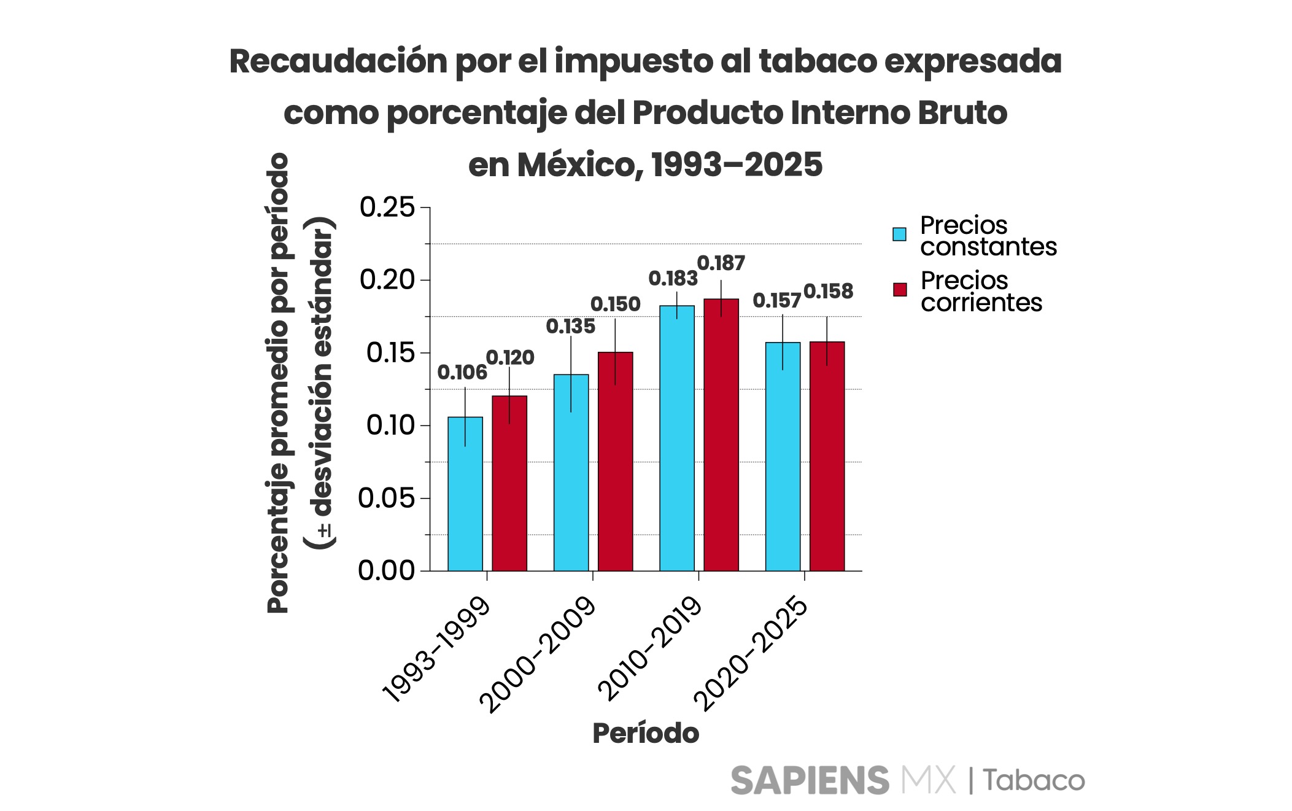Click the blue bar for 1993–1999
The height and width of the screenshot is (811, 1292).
(465, 494)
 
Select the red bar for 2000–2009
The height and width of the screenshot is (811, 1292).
(615, 461)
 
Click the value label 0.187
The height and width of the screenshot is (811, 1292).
(721, 263)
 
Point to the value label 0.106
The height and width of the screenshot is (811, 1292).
(462, 372)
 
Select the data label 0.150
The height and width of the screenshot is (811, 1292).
(615, 304)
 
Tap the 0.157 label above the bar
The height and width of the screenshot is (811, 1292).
(776, 301)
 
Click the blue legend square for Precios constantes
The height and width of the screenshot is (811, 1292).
(899, 235)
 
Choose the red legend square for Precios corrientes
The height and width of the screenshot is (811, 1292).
(900, 290)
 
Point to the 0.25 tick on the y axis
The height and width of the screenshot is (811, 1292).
(387, 208)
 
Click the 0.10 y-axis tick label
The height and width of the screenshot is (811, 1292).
(390, 425)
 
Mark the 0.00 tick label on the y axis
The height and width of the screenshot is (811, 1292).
(387, 571)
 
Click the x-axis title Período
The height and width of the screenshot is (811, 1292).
(645, 733)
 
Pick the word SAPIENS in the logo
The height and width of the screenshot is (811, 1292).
(810, 781)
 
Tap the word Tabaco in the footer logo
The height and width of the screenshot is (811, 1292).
(1034, 781)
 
